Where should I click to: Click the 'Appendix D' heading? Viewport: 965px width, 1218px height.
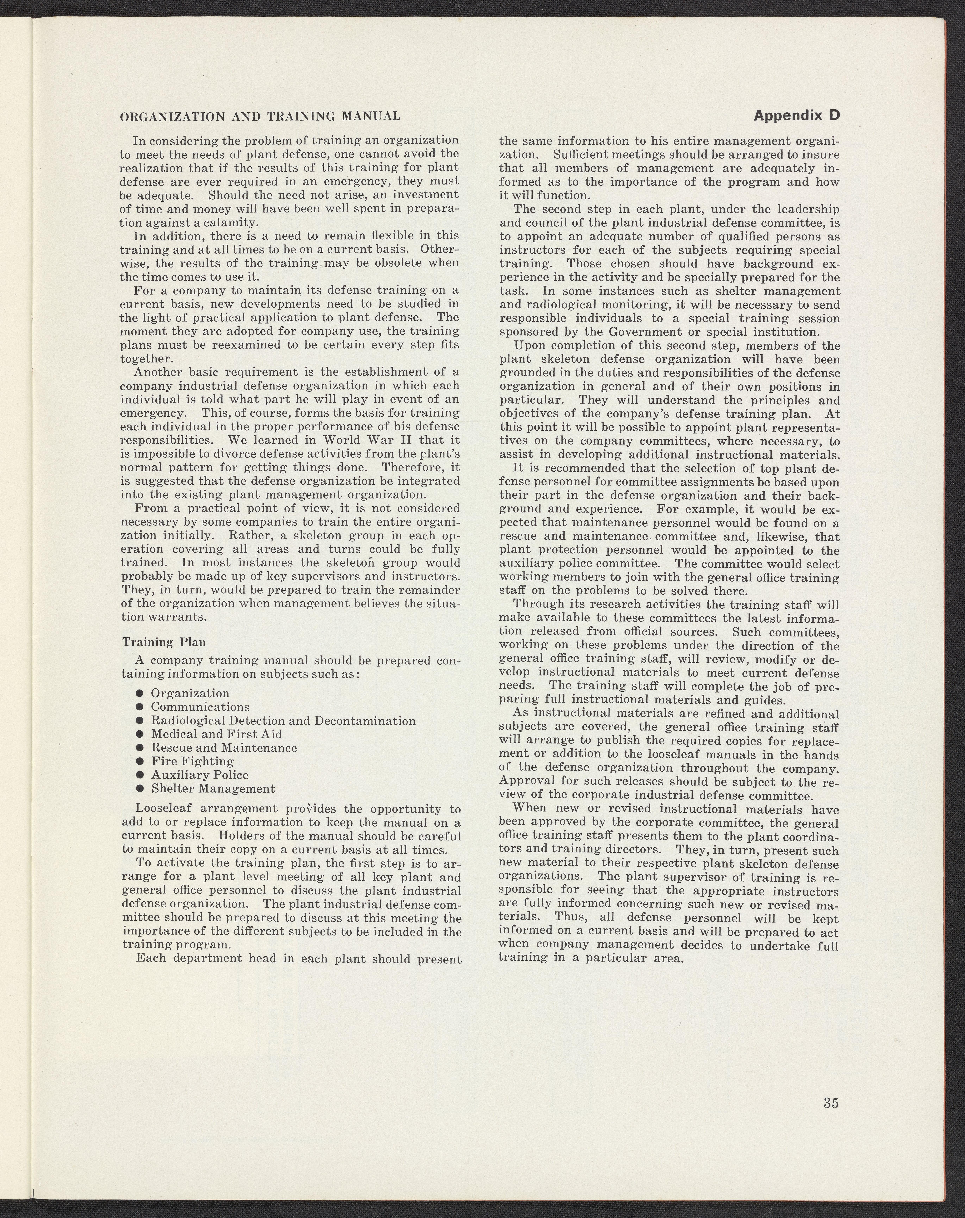click(797, 116)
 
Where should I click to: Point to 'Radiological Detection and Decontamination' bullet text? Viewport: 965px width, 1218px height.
click(283, 721)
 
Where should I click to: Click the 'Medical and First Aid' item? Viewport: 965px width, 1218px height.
click(216, 734)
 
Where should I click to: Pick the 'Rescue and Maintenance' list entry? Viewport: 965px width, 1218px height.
click(224, 748)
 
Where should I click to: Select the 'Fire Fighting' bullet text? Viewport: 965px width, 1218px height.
click(192, 762)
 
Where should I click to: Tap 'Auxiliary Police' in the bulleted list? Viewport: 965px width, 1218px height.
click(199, 775)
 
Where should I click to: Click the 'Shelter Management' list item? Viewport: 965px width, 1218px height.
click(213, 789)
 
